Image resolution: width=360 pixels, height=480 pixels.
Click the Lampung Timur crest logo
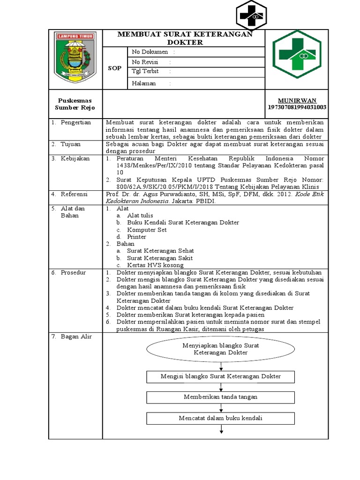(75, 58)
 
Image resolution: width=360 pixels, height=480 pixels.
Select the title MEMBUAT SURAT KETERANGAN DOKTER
(184, 38)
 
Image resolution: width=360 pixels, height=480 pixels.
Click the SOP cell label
(115, 68)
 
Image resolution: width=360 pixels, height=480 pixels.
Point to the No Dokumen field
(153, 52)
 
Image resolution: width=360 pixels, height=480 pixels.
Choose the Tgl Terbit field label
(145, 72)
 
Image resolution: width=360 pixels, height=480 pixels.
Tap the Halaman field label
(144, 83)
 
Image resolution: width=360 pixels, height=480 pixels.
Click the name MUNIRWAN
(297, 100)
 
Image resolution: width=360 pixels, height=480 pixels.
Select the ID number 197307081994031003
(297, 107)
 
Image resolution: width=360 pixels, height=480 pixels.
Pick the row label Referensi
(75, 194)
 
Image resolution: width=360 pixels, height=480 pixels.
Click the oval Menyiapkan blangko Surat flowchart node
(220, 349)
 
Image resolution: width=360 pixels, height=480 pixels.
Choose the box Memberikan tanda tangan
(220, 397)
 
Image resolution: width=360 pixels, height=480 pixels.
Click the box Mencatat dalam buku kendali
(220, 418)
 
